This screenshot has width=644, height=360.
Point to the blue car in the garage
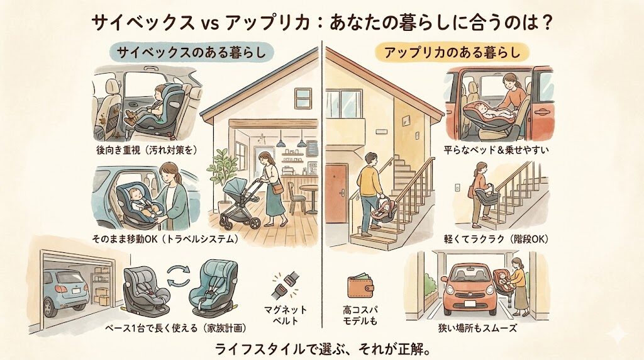tap(65, 291)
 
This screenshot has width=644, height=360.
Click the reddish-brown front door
tap(337, 193)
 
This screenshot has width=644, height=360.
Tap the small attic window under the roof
tap(303, 98)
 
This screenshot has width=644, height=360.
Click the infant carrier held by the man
tap(385, 210)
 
